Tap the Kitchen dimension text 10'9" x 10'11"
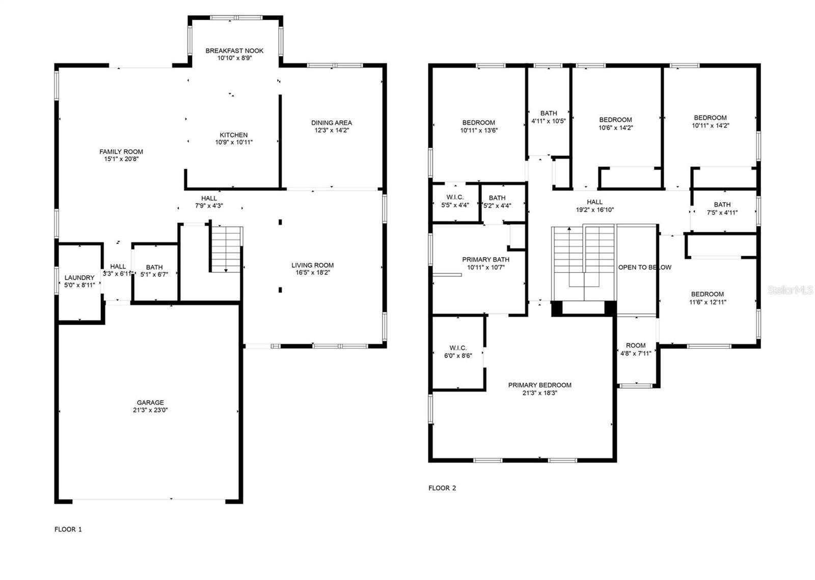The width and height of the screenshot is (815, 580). click(234, 142)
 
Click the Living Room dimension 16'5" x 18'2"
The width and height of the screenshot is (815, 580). click(313, 273)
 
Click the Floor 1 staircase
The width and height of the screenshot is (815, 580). click(226, 250)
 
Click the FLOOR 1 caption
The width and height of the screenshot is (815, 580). click(68, 530)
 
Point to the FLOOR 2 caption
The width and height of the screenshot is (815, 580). click(442, 488)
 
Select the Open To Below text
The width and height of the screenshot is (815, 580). click(645, 267)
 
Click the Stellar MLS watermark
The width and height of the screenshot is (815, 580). click(790, 290)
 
